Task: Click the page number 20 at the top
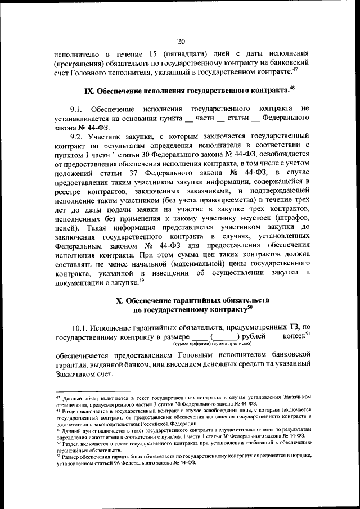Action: [180, 41]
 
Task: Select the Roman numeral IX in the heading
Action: [90, 90]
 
